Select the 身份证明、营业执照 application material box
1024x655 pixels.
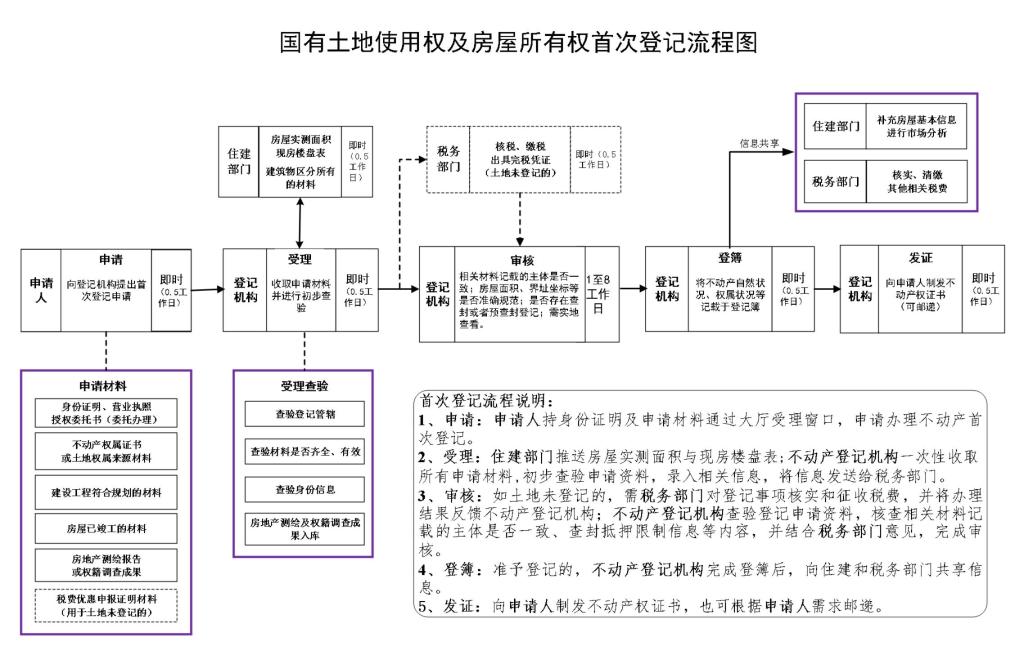tap(106, 412)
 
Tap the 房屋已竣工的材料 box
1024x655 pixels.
tap(106, 527)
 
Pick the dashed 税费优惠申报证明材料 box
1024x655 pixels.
tap(106, 605)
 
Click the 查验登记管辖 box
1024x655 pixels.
tap(304, 413)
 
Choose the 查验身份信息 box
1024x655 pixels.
tap(304, 490)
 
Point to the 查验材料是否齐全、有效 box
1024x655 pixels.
tap(304, 452)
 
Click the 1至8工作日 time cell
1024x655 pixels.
tap(597, 289)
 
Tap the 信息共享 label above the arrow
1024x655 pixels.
tap(760, 143)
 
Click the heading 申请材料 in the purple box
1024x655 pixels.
tap(104, 385)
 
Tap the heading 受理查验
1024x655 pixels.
tap(304, 385)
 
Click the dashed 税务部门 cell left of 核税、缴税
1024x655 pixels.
tap(448, 159)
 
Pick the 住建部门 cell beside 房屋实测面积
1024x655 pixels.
tap(238, 161)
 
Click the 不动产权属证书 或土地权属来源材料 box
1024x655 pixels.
tap(106, 451)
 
